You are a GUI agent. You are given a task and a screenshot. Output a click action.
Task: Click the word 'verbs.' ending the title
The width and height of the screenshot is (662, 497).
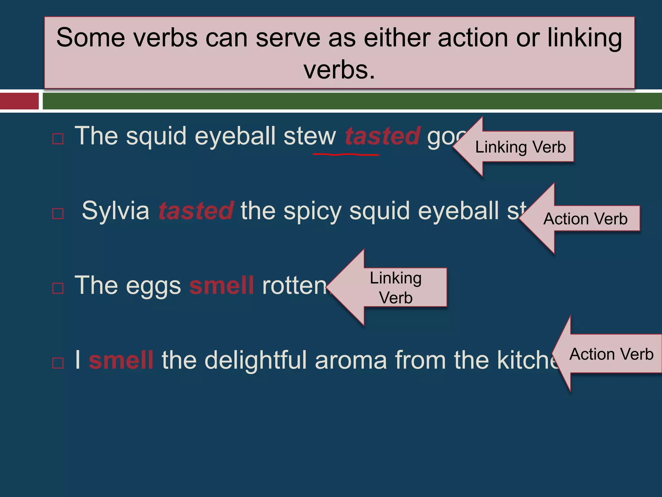click(x=339, y=70)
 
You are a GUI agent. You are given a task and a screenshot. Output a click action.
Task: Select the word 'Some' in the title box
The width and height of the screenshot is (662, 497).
click(x=91, y=38)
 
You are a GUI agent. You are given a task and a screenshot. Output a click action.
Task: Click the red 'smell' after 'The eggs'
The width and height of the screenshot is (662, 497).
click(x=221, y=286)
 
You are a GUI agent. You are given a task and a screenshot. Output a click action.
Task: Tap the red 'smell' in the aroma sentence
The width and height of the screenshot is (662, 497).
click(x=121, y=360)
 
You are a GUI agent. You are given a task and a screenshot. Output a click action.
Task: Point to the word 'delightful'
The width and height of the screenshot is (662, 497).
click(x=255, y=360)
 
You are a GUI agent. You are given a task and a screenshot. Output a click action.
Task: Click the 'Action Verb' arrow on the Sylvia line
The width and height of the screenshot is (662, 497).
click(x=585, y=219)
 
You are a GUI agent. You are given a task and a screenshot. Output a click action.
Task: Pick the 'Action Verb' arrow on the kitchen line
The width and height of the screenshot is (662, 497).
click(x=611, y=354)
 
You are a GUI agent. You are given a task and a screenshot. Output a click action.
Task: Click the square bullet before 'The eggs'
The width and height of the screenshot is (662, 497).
click(x=58, y=288)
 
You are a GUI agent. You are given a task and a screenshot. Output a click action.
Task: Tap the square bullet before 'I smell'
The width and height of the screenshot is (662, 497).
click(x=58, y=363)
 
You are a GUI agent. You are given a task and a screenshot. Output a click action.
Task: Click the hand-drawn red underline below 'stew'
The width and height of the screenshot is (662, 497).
click(x=346, y=155)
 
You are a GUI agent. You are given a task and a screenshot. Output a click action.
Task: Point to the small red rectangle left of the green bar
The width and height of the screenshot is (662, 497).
click(x=19, y=101)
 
